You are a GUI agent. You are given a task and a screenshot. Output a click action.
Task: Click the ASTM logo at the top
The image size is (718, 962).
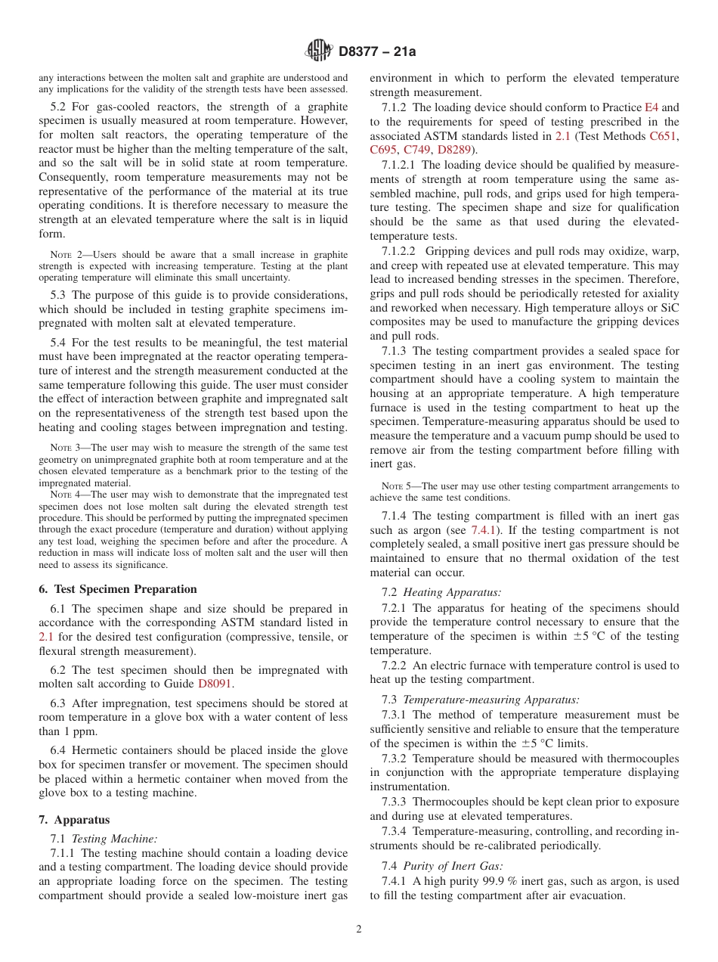[318, 51]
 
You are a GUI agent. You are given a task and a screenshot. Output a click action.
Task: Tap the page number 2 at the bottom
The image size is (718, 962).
[359, 929]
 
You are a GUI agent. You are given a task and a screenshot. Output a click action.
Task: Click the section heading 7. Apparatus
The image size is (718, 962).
[74, 820]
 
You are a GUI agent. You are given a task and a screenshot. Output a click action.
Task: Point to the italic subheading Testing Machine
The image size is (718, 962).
[114, 838]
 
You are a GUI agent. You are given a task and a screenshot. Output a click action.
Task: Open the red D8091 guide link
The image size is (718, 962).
[215, 684]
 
